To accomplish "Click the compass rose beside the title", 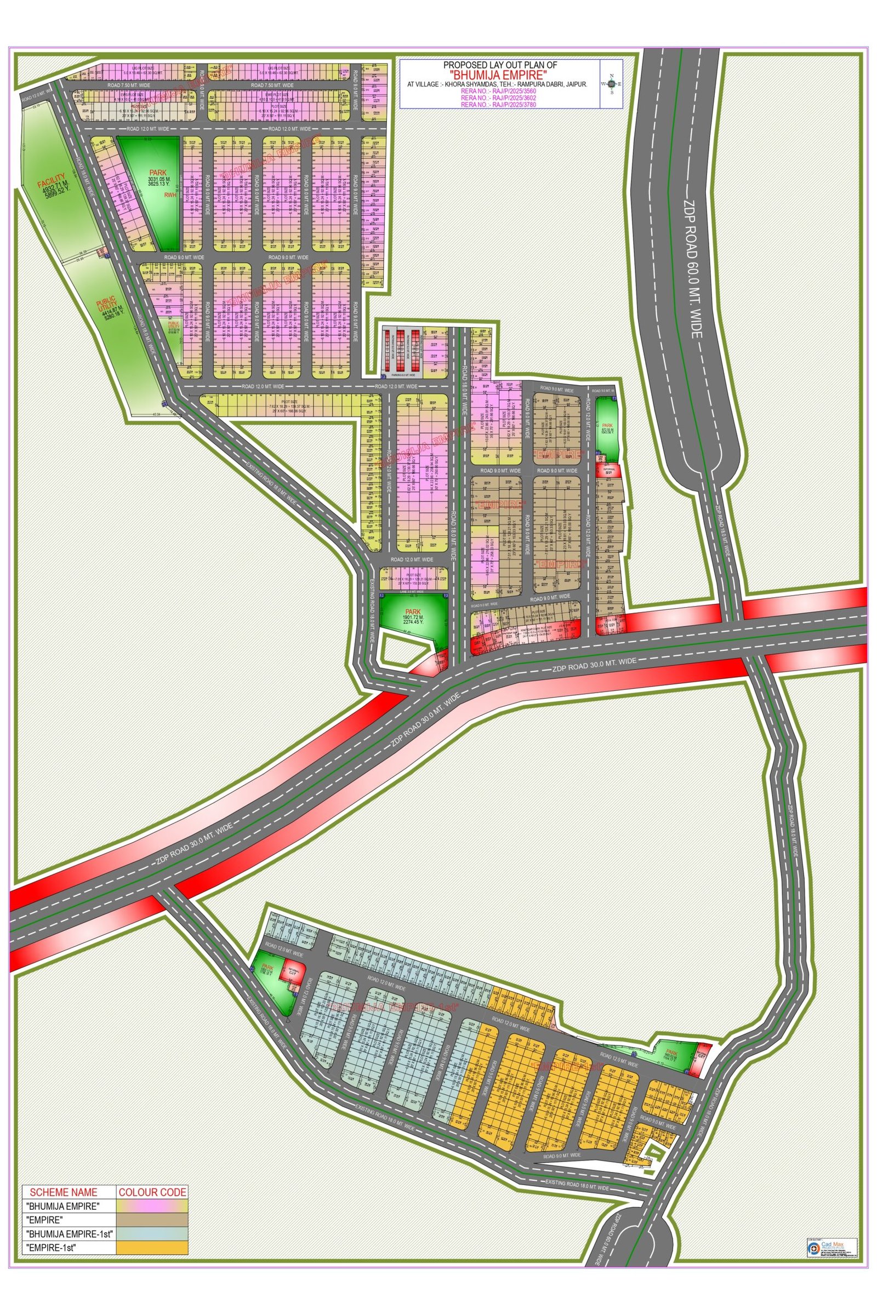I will [x=611, y=84].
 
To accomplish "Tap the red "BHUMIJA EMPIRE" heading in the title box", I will [x=498, y=75].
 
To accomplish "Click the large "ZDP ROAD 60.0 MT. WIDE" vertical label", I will [x=693, y=268].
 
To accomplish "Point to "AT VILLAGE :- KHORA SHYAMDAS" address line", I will [x=497, y=83].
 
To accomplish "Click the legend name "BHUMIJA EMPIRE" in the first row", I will [x=62, y=1206].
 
